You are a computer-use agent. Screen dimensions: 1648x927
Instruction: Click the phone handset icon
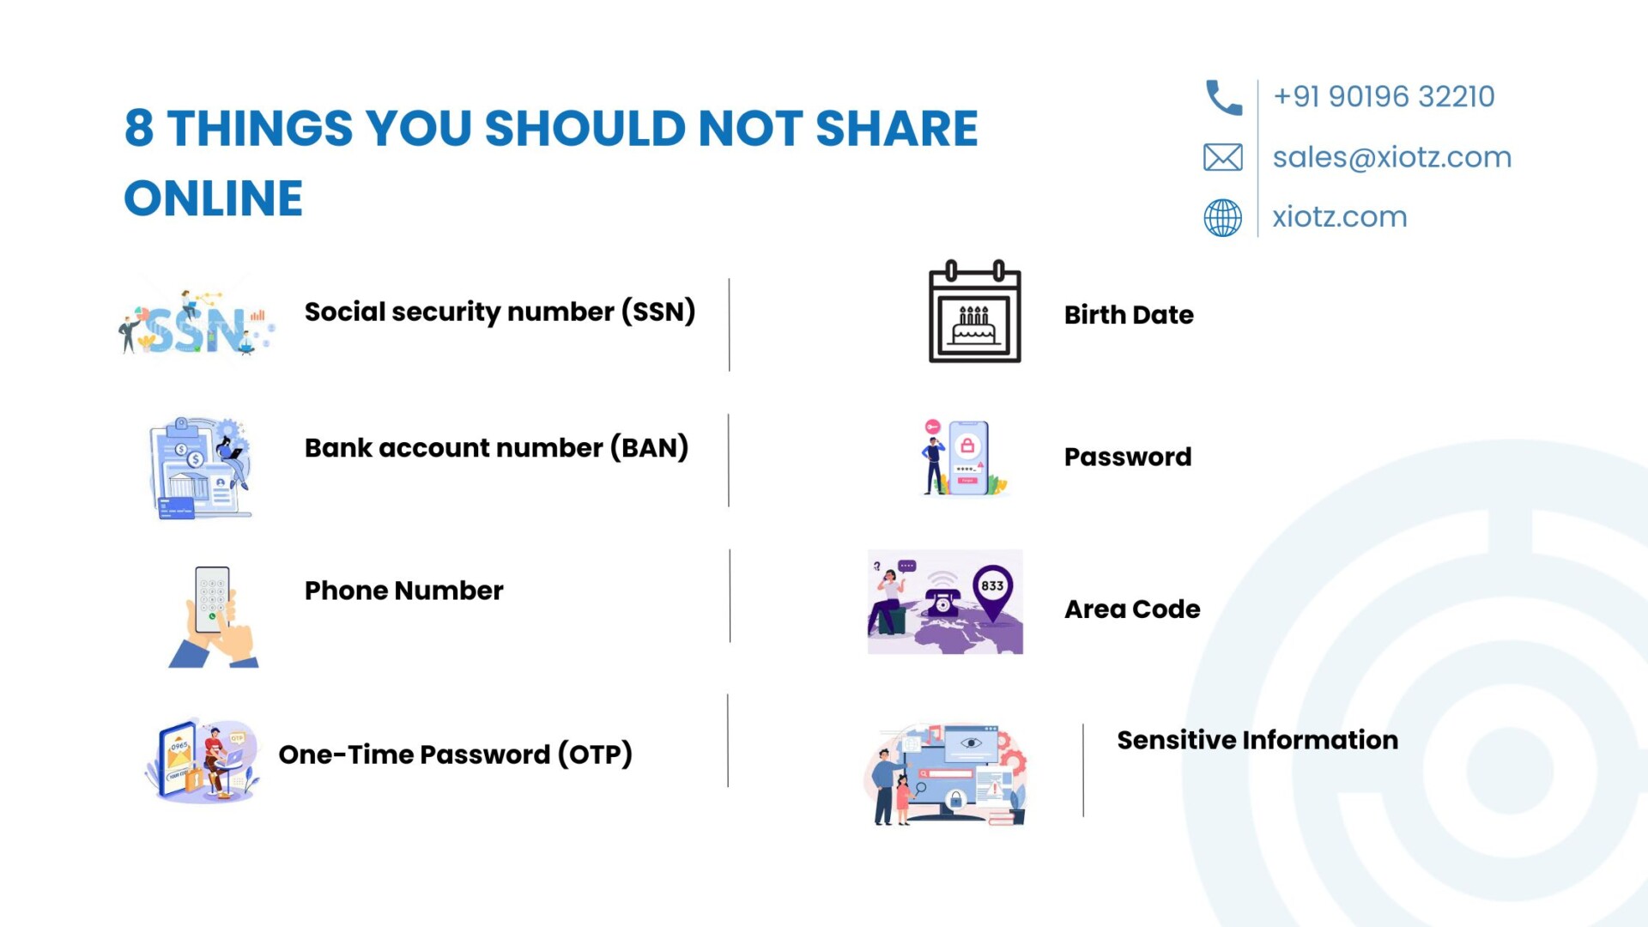click(x=1223, y=97)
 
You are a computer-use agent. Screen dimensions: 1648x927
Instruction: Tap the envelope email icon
click(x=1222, y=157)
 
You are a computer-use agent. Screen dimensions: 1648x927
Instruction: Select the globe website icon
click(x=1222, y=217)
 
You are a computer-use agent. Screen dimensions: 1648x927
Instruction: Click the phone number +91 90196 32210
click(x=1384, y=96)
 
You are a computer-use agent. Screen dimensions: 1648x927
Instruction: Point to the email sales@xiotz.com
click(x=1391, y=157)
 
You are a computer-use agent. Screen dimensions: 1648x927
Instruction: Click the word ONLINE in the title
click(x=214, y=198)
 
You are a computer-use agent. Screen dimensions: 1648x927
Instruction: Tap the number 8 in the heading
click(x=139, y=128)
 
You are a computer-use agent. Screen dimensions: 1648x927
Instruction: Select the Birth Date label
click(x=1129, y=315)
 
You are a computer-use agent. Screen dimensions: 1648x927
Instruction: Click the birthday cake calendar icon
click(x=975, y=311)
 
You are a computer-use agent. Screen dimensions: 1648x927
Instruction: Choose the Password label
click(x=1128, y=457)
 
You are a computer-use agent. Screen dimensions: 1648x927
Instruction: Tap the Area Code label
click(x=1132, y=609)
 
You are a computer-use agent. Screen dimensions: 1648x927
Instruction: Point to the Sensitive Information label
click(x=1257, y=740)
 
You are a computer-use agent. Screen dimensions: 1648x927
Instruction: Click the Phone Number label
click(x=403, y=591)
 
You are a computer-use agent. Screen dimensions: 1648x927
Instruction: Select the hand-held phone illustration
click(x=214, y=616)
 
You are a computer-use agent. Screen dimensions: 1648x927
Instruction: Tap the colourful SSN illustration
click(x=197, y=324)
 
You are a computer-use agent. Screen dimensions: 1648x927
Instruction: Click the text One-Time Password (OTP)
click(x=456, y=754)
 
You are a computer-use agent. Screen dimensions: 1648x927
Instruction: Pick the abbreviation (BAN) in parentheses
click(x=650, y=448)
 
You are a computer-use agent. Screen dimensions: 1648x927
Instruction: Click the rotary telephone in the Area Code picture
click(x=942, y=601)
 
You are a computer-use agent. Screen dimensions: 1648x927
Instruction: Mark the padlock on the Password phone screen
click(x=967, y=445)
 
